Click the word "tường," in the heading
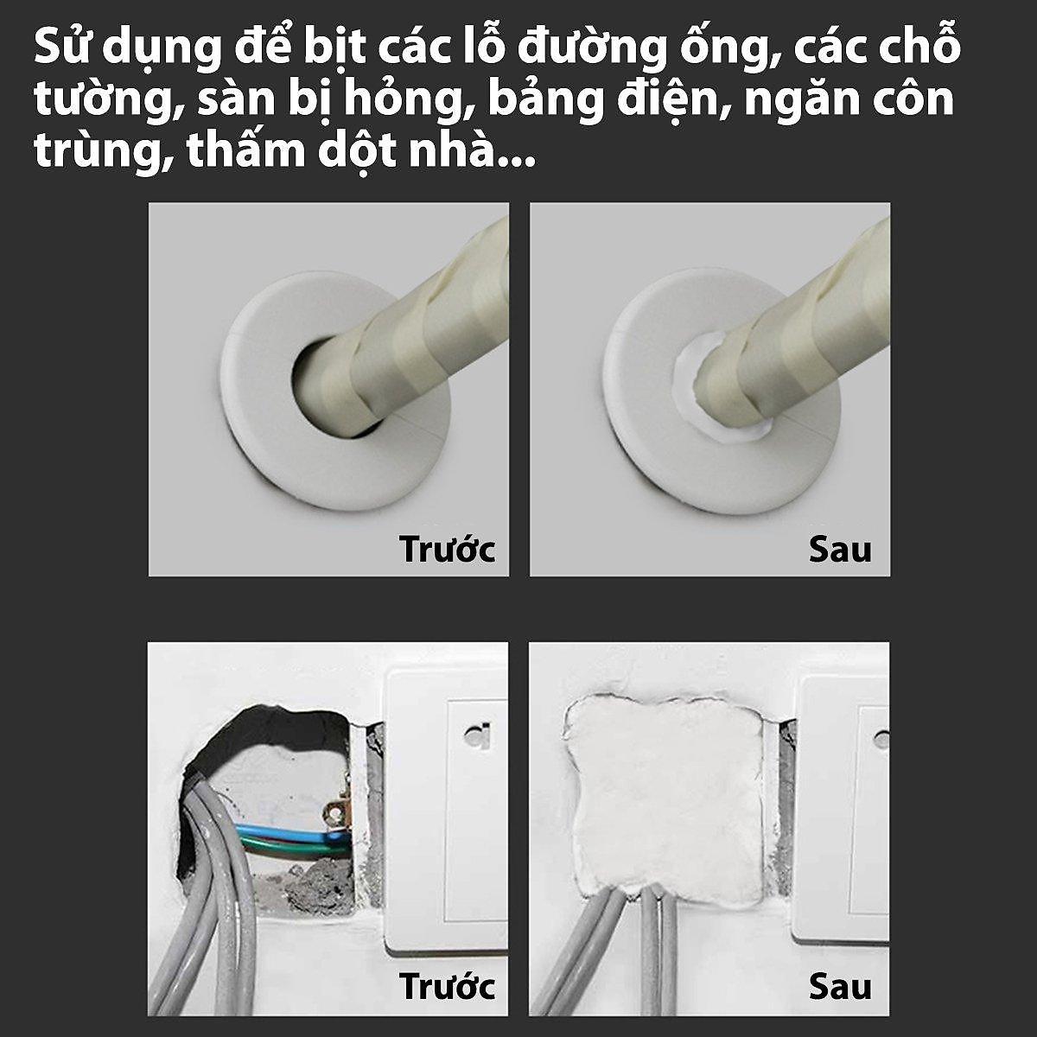pyautogui.click(x=105, y=102)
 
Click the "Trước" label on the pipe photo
pyautogui.click(x=447, y=550)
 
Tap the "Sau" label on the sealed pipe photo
pyautogui.click(x=839, y=550)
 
